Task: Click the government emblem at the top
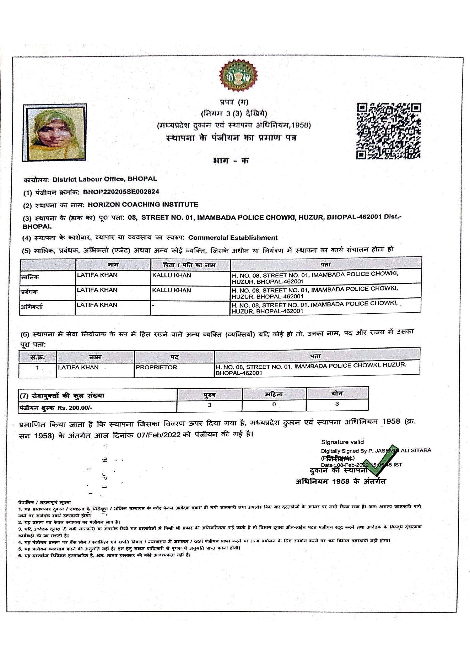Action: [238, 76]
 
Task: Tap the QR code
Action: [388, 131]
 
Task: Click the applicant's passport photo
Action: [55, 132]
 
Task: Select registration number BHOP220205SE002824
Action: [121, 192]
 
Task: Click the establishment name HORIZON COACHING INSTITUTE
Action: [143, 204]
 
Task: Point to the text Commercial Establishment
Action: [233, 238]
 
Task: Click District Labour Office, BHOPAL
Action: [105, 179]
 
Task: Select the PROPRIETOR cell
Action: [156, 367]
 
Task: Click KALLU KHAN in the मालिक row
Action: [171, 275]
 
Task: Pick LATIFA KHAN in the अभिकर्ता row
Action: [97, 305]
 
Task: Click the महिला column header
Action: [274, 394]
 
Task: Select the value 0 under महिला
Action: [274, 404]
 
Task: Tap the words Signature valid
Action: [342, 442]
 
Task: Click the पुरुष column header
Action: [209, 395]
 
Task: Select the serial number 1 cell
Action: [37, 368]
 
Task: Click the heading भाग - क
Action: [231, 161]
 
